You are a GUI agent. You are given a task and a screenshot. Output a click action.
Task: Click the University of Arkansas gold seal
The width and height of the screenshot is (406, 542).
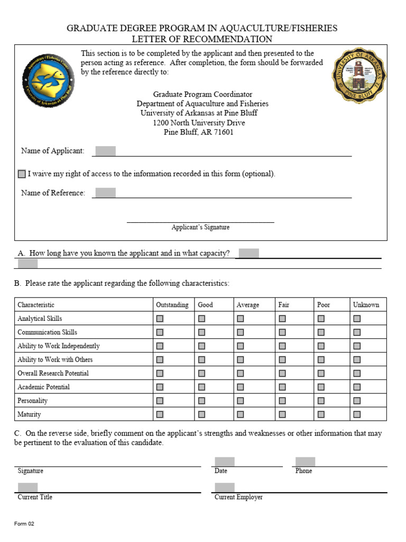point(358,75)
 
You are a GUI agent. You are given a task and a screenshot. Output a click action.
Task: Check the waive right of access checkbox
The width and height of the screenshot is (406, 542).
point(22,174)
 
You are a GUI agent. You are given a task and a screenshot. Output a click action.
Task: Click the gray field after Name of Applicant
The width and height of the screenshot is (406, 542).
point(105,151)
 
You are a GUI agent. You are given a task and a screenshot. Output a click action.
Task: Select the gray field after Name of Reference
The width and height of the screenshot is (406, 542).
point(105,193)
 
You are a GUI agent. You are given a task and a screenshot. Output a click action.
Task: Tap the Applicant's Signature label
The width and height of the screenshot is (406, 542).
point(200,227)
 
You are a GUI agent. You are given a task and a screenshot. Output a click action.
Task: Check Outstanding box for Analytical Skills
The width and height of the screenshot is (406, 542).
point(160,319)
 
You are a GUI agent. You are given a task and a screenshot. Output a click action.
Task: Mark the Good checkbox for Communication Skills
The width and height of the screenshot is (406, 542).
point(201,332)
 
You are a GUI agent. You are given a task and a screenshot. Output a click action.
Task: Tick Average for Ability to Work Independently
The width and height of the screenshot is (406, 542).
point(241,346)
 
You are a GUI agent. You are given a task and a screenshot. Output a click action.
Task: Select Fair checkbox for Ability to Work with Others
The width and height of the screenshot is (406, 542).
point(282,360)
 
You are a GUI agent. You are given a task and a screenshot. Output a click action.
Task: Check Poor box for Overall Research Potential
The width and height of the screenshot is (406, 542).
point(321,374)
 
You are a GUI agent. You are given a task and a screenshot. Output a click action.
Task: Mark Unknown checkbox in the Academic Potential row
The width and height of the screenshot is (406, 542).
point(357,387)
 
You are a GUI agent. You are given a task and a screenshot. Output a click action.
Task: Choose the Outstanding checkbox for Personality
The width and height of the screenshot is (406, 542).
point(160,401)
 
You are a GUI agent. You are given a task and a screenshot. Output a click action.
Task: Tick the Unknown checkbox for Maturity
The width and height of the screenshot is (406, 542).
point(357,414)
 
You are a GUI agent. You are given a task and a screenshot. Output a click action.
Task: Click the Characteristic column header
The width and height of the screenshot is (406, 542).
point(36,305)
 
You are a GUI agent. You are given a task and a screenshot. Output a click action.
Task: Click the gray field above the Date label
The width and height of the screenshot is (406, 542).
point(224,462)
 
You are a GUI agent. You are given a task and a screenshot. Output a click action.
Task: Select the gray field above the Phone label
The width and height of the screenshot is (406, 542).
point(305,462)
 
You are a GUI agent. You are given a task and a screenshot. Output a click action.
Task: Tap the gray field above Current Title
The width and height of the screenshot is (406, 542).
point(27,487)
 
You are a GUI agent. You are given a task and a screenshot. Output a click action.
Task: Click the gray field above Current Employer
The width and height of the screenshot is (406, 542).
point(224,487)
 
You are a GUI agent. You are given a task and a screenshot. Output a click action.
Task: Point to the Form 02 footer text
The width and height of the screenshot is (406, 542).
point(24,524)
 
